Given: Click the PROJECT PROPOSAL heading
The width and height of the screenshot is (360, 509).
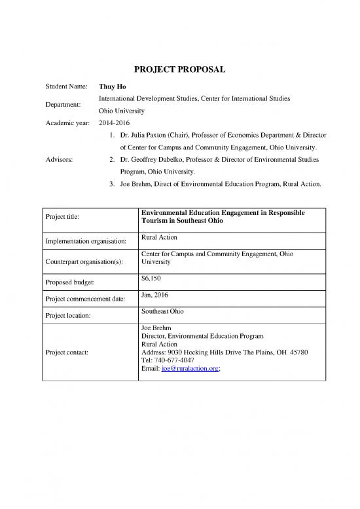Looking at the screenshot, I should pos(180,70).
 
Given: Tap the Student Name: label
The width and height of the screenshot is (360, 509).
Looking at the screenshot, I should pos(68,86).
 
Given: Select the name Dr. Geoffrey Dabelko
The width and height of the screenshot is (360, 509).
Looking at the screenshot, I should pos(147,159).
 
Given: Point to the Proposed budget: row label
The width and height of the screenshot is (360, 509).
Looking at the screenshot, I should pos(72,283).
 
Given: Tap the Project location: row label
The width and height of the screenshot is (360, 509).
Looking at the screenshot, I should pos(71,316).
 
